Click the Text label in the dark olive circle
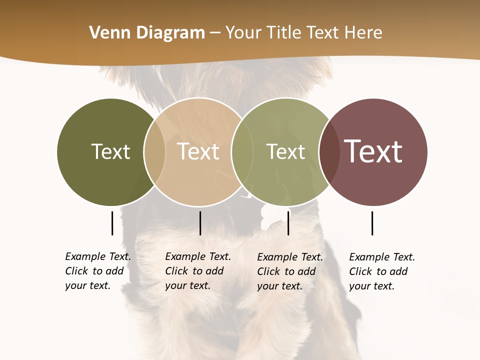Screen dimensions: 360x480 pyautogui.click(x=110, y=151)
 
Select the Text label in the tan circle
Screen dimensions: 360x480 pyautogui.click(x=198, y=151)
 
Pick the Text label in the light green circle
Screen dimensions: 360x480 pyautogui.click(x=285, y=151)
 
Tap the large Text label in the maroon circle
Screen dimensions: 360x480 pyautogui.click(x=373, y=151)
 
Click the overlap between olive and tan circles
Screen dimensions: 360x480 pyautogui.click(x=154, y=152)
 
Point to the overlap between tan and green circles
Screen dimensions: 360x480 pyautogui.click(x=242, y=152)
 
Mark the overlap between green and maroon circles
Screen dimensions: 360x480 pyautogui.click(x=329, y=152)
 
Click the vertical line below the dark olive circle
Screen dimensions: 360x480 pyautogui.click(x=112, y=223)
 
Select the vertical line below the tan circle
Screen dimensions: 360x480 pyautogui.click(x=200, y=223)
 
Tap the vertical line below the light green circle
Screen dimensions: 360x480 pyautogui.click(x=288, y=223)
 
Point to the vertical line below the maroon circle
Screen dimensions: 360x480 pyautogui.click(x=372, y=223)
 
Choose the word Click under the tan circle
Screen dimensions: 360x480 pyautogui.click(x=176, y=271)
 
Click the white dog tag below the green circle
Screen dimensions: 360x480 pyautogui.click(x=270, y=217)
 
